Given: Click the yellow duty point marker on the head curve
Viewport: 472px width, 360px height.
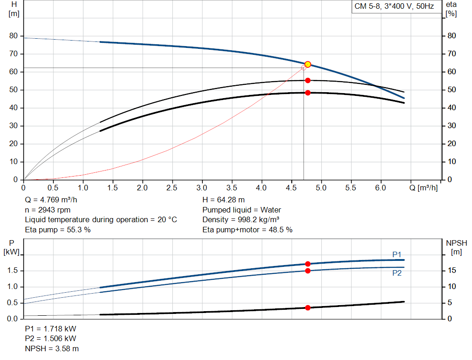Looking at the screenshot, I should pyautogui.click(x=308, y=65).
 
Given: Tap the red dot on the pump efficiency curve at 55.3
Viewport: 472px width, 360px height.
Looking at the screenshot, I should pyautogui.click(x=308, y=81).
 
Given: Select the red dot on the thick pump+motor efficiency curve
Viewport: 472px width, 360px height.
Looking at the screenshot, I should pyautogui.click(x=308, y=93).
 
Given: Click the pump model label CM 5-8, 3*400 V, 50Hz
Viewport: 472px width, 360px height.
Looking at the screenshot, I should pyautogui.click(x=394, y=6).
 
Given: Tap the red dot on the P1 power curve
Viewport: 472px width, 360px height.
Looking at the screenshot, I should pyautogui.click(x=308, y=264).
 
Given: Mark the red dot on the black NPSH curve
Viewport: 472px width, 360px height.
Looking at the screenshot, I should pyautogui.click(x=308, y=307).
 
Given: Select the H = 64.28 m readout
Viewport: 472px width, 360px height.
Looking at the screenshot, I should pyautogui.click(x=224, y=200).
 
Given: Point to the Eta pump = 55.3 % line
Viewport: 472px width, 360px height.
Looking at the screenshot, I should pyautogui.click(x=58, y=230).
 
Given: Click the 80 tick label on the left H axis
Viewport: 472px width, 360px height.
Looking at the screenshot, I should pyautogui.click(x=13, y=36).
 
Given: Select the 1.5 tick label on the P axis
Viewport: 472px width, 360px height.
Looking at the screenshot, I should pyautogui.click(x=12, y=271).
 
